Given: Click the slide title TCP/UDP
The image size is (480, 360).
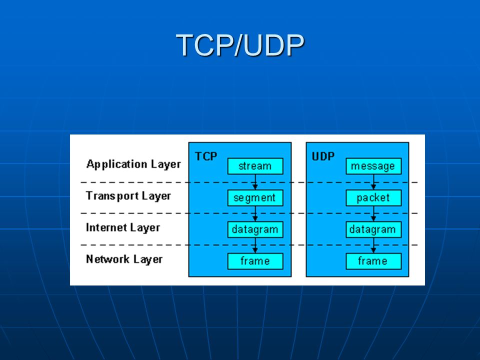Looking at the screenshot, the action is point(240,45).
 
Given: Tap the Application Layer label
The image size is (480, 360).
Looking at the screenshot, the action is point(133,164).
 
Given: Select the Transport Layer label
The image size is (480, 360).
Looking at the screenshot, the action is point(128,196).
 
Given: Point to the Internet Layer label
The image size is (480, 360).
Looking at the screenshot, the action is point(123,227).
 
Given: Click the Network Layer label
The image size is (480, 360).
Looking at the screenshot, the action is point(124,259).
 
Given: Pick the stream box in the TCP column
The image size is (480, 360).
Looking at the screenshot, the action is point(255,166).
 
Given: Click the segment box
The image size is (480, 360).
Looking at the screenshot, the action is point(255,198).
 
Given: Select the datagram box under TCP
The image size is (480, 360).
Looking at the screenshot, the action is point(255,229).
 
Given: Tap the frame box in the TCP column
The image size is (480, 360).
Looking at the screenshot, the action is point(255,261).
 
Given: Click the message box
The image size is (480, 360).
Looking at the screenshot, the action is point(373,166).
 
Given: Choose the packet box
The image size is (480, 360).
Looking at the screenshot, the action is point(373,198).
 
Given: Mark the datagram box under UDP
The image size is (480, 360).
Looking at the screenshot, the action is point(373,229).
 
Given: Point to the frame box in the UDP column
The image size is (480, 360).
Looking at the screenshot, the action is point(373,261).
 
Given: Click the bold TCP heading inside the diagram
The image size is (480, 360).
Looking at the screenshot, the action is point(206,156).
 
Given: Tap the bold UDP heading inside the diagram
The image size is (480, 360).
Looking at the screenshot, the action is point(323,156).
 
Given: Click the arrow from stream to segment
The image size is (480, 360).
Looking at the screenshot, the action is point(255,182).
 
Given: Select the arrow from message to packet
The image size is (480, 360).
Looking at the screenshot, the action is point(373,182).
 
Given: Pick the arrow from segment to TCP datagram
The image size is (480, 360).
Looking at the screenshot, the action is point(255,213).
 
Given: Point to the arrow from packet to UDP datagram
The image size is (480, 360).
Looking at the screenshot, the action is point(373,213).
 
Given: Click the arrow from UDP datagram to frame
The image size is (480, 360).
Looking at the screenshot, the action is point(373,245).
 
